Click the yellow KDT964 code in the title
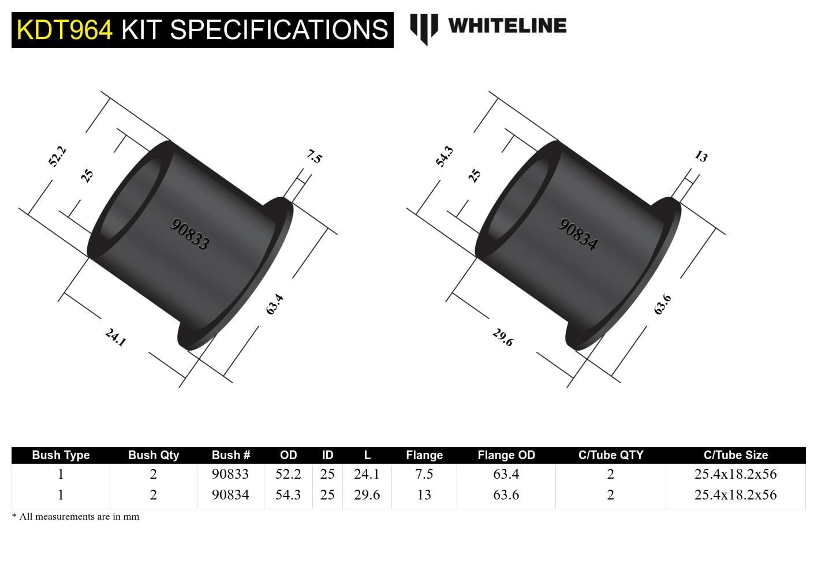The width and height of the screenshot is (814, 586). click(x=65, y=30)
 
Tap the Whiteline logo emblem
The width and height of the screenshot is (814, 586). click(x=424, y=28)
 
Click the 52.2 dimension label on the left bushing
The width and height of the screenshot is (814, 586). click(x=57, y=157)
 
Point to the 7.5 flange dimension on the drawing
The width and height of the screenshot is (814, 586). click(x=314, y=156)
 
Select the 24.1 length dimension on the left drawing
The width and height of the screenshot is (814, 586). click(x=115, y=337)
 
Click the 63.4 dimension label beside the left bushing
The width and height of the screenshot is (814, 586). click(x=274, y=304)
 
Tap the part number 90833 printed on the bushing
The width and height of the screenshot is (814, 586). click(x=189, y=234)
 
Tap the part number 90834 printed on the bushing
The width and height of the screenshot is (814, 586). click(x=577, y=234)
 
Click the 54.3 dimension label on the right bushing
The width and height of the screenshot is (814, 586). click(x=445, y=157)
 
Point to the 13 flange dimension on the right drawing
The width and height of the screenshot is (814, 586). click(x=701, y=156)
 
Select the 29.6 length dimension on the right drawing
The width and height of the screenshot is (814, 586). click(x=503, y=337)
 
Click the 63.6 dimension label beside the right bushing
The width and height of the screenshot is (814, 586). click(x=662, y=304)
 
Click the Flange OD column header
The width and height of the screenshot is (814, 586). click(x=506, y=455)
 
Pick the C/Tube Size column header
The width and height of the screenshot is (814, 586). click(x=735, y=455)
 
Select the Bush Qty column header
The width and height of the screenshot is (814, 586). click(x=154, y=455)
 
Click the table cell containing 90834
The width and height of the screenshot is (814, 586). click(x=230, y=495)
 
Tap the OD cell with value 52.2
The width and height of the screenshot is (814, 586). click(x=288, y=474)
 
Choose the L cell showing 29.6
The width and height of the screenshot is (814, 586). click(x=367, y=495)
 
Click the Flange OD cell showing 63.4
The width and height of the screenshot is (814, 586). click(x=506, y=474)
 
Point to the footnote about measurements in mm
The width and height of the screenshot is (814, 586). click(x=76, y=517)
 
